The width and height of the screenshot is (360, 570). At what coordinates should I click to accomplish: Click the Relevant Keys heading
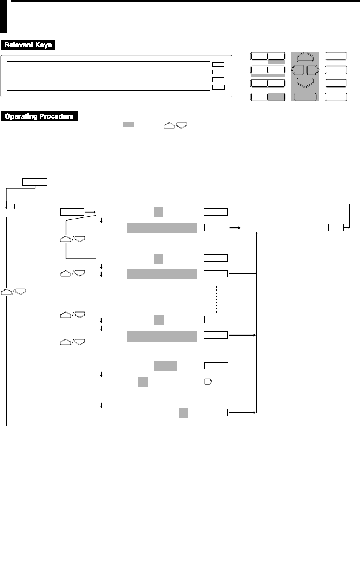[28, 45]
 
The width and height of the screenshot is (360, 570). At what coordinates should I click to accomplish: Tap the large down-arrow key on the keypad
[305, 82]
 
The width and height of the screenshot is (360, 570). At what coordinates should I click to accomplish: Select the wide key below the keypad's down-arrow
[305, 97]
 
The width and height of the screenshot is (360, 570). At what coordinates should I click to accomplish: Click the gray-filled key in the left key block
[277, 97]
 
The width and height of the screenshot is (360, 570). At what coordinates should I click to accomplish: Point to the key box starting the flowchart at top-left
[35, 182]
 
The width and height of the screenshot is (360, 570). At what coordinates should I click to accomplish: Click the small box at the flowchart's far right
[336, 227]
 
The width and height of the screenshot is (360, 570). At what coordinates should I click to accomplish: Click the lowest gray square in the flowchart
[183, 413]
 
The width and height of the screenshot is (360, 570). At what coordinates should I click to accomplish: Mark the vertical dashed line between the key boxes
[217, 299]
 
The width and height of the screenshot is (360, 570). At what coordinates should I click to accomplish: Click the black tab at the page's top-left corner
[3, 17]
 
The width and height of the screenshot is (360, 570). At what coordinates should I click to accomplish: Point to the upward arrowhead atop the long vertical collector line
[257, 233]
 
